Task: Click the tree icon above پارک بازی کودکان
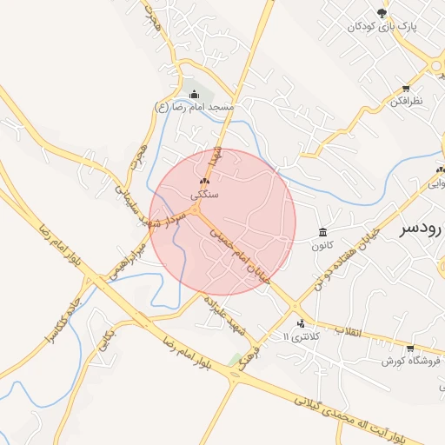click(x=382, y=12)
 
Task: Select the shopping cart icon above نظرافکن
click(x=406, y=88)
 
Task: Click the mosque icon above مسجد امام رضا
click(x=192, y=94)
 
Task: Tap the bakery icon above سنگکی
click(x=204, y=181)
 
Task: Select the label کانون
click(x=323, y=245)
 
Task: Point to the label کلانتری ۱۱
click(x=303, y=335)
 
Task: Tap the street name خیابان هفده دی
click(x=348, y=252)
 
